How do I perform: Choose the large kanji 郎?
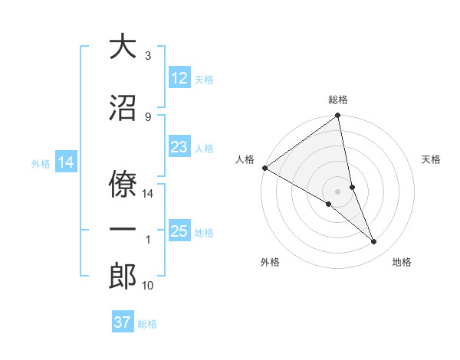point(123,276)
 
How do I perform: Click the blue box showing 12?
point(179,77)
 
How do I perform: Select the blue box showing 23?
point(179,147)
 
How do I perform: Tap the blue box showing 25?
point(179,231)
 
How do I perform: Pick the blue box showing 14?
point(65,162)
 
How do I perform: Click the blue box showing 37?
point(123,322)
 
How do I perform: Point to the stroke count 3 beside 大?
point(148,56)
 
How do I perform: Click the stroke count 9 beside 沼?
point(148,116)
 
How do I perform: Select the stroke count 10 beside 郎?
point(148,286)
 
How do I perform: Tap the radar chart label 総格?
point(338,100)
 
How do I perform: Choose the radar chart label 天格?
point(431,159)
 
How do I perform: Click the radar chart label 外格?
point(269,262)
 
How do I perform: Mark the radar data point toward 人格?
point(264,168)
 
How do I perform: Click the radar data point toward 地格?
point(374,242)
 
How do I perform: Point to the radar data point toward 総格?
point(338,116)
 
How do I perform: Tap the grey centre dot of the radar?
point(337,191)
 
